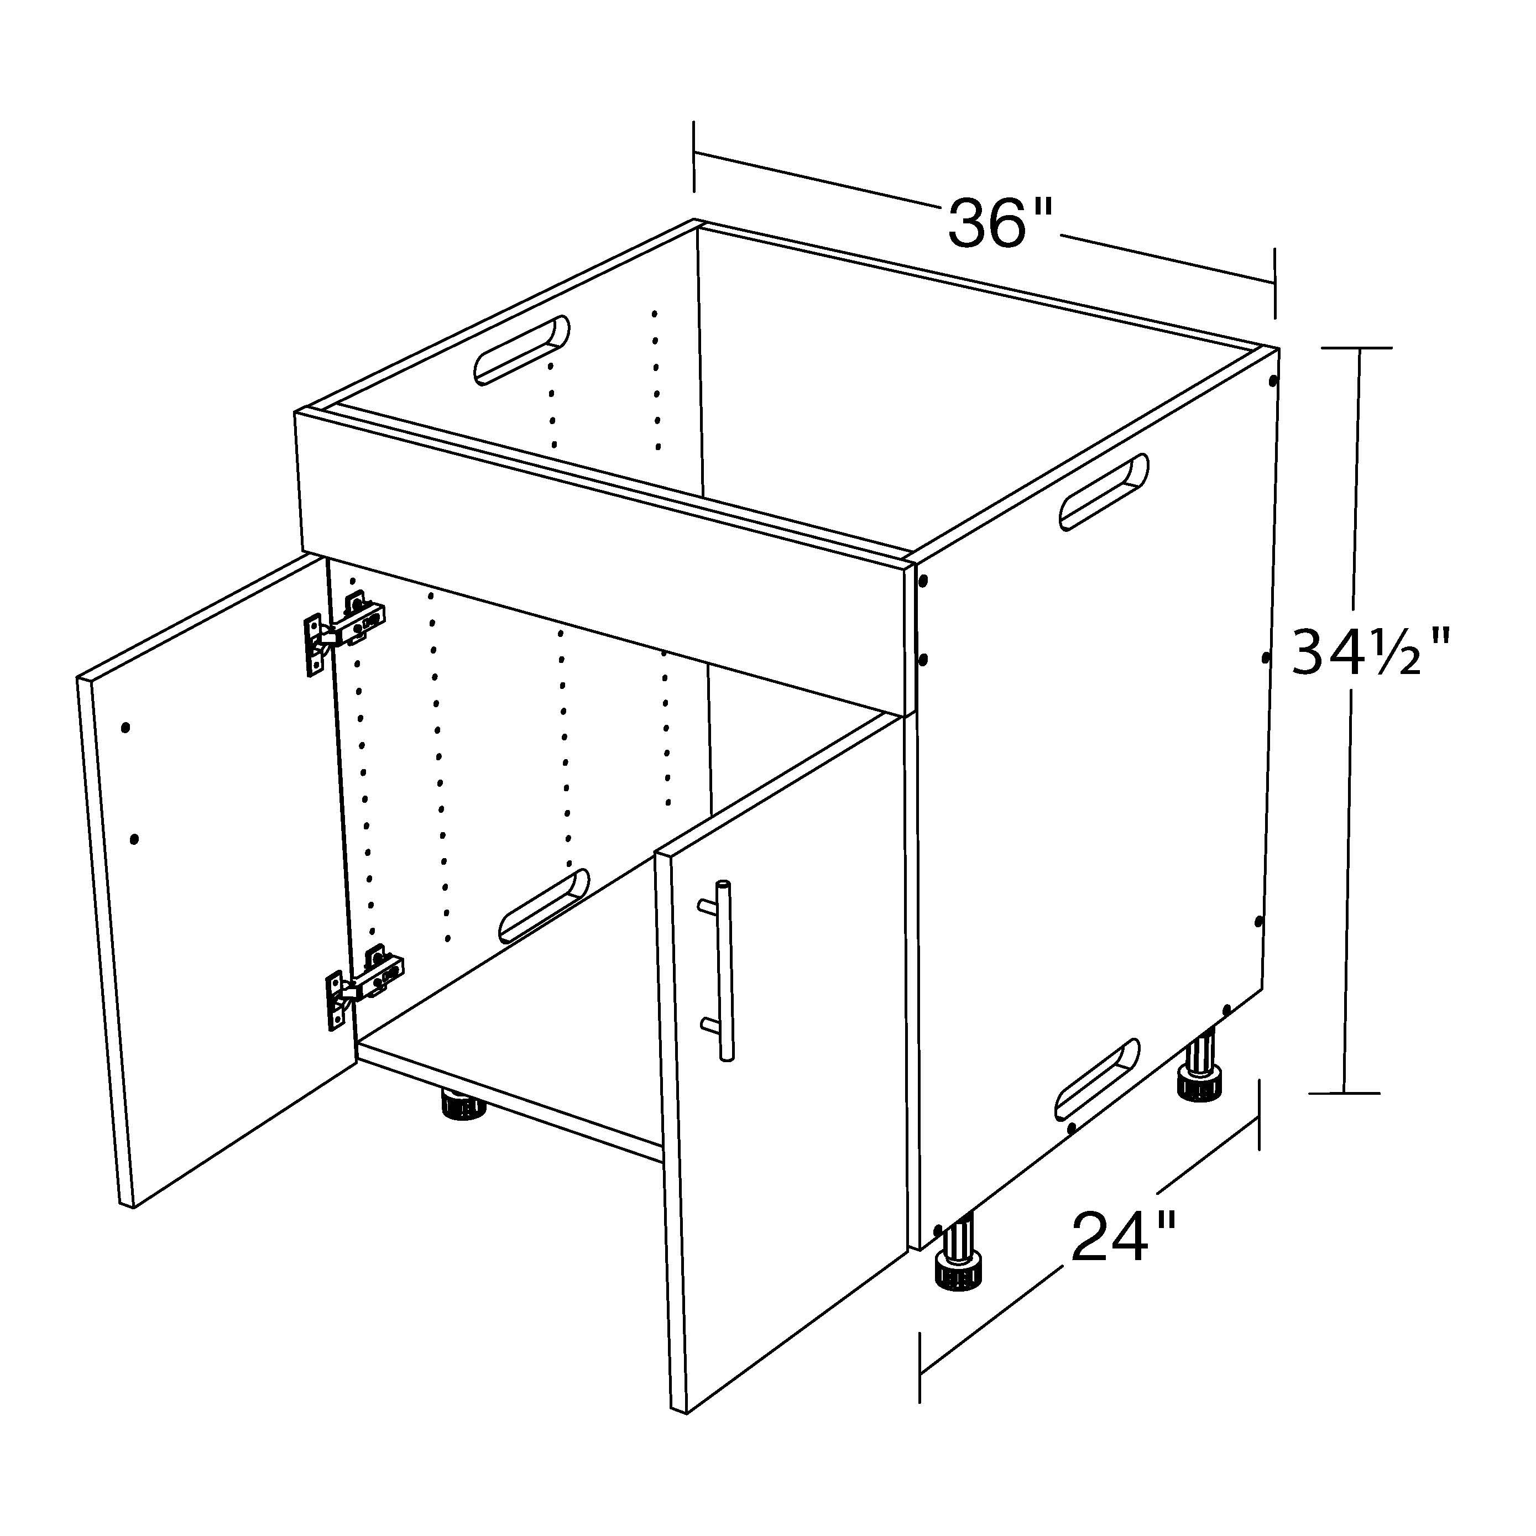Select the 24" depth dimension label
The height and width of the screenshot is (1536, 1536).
[1122, 1236]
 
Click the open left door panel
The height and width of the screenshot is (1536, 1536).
[215, 882]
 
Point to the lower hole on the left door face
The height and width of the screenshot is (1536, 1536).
[134, 839]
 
